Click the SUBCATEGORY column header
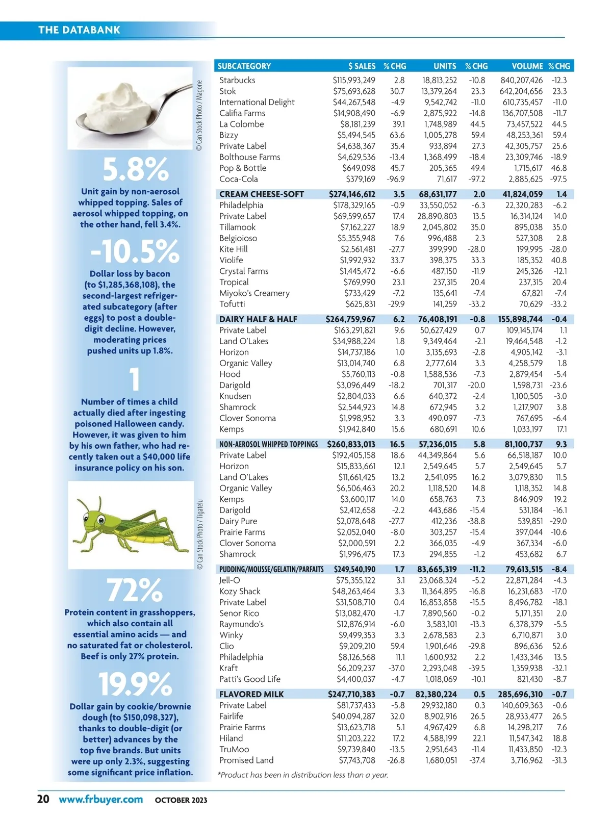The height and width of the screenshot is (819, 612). coord(244,66)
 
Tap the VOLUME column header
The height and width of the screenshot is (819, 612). coord(527,66)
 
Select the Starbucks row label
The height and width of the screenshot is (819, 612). coord(237,80)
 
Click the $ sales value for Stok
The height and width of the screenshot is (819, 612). coord(354,91)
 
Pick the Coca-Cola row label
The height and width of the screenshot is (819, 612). coord(238,179)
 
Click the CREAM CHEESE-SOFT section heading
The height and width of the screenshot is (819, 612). coord(261,194)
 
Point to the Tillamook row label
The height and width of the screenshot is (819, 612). coord(237,227)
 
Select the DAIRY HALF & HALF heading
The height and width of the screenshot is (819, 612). coord(258,319)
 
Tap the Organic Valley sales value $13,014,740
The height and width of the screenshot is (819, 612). coord(355,363)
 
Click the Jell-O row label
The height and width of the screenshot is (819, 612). coord(229,580)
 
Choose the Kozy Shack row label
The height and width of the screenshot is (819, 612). coord(240,591)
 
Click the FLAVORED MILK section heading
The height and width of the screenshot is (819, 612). coord(251,694)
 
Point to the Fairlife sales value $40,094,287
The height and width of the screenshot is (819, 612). coord(353,716)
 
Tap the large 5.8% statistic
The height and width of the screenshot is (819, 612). coord(135,169)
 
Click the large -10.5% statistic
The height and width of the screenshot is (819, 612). coord(135,251)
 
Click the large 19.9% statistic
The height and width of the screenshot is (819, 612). coord(135,684)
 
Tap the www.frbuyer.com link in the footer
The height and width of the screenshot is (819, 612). coord(100,799)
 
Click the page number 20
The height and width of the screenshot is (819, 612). coord(43,799)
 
